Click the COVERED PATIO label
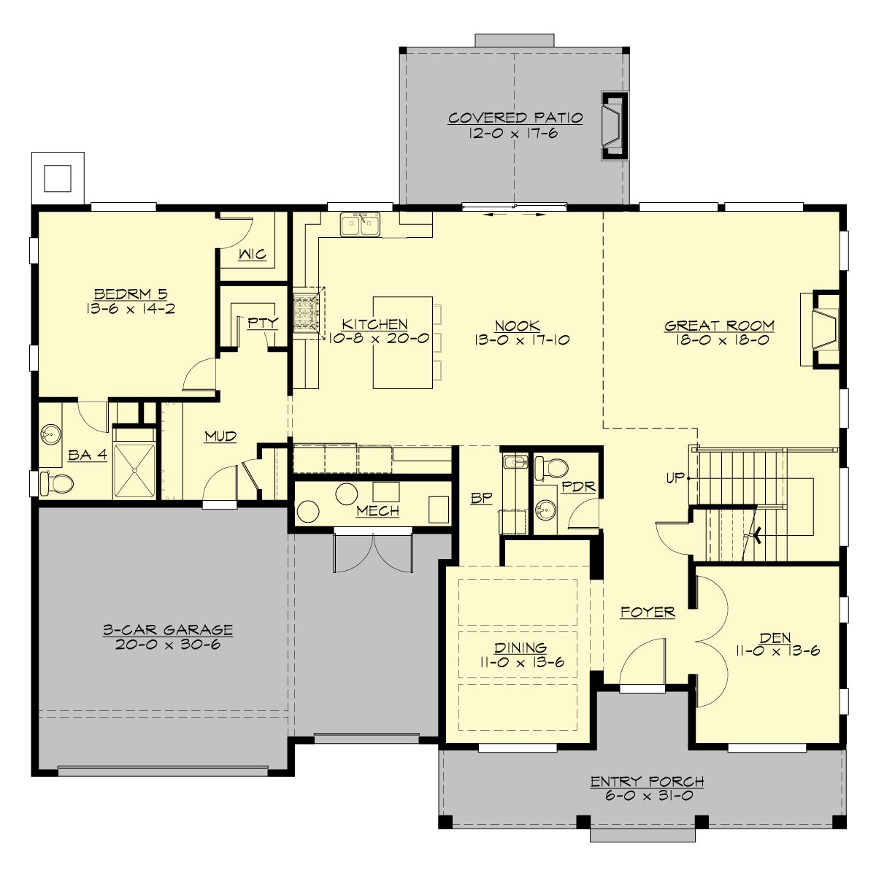tap(515, 118)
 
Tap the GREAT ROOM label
tap(719, 326)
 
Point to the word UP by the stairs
tap(675, 478)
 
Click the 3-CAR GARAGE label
tap(168, 630)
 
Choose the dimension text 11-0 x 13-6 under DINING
tap(520, 663)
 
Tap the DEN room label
tap(775, 637)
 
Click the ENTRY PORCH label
tap(647, 782)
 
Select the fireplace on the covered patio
tap(612, 126)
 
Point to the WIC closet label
tap(253, 255)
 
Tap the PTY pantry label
tap(262, 323)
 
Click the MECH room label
tap(377, 511)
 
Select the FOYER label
tap(648, 612)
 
